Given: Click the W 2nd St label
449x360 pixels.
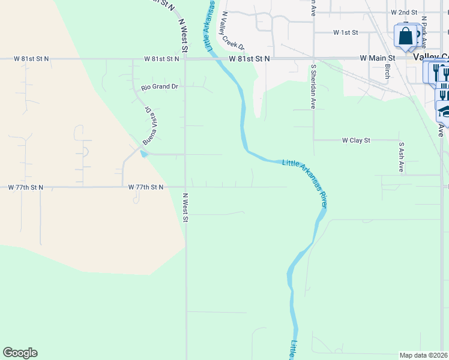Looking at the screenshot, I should pos(403,12).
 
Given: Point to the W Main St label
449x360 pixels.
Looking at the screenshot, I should pos(375,58).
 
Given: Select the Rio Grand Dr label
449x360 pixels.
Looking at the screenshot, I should pos(160,87).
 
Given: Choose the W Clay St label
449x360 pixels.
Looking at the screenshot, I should pos(356,140).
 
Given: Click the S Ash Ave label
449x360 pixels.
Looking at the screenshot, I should pos(401,157).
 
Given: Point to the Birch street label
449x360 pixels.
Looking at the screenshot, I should pos(387,71).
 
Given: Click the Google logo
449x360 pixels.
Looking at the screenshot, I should pos(20,353).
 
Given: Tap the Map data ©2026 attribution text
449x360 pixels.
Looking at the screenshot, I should pos(424,355).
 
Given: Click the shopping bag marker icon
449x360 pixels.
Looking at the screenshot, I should pos(406,35).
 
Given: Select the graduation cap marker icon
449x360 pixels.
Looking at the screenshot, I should pos(444,112).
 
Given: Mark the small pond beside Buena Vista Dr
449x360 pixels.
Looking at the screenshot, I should pos(143,153).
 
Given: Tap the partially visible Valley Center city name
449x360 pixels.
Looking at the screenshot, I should pos(432,56).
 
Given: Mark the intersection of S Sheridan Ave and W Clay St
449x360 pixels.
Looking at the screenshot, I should pos(313,140).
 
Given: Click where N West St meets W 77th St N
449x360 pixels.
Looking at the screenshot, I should pos(185,187).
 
